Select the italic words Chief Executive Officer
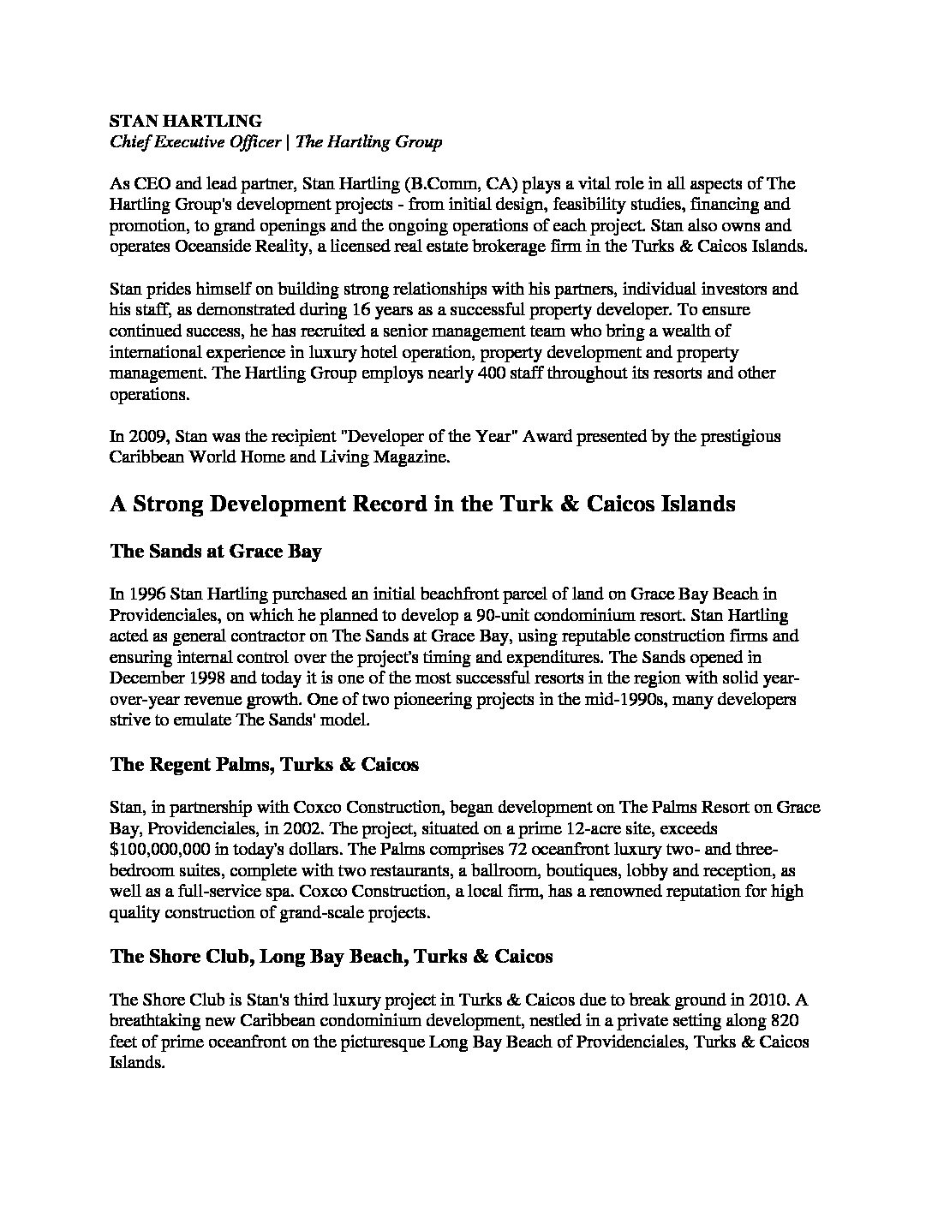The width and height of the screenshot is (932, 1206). (195, 142)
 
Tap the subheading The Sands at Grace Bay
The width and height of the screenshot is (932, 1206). (215, 552)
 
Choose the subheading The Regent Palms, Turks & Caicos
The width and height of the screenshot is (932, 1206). (264, 764)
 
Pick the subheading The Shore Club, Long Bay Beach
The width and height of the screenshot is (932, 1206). (331, 956)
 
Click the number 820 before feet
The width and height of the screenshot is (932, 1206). (786, 1021)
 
